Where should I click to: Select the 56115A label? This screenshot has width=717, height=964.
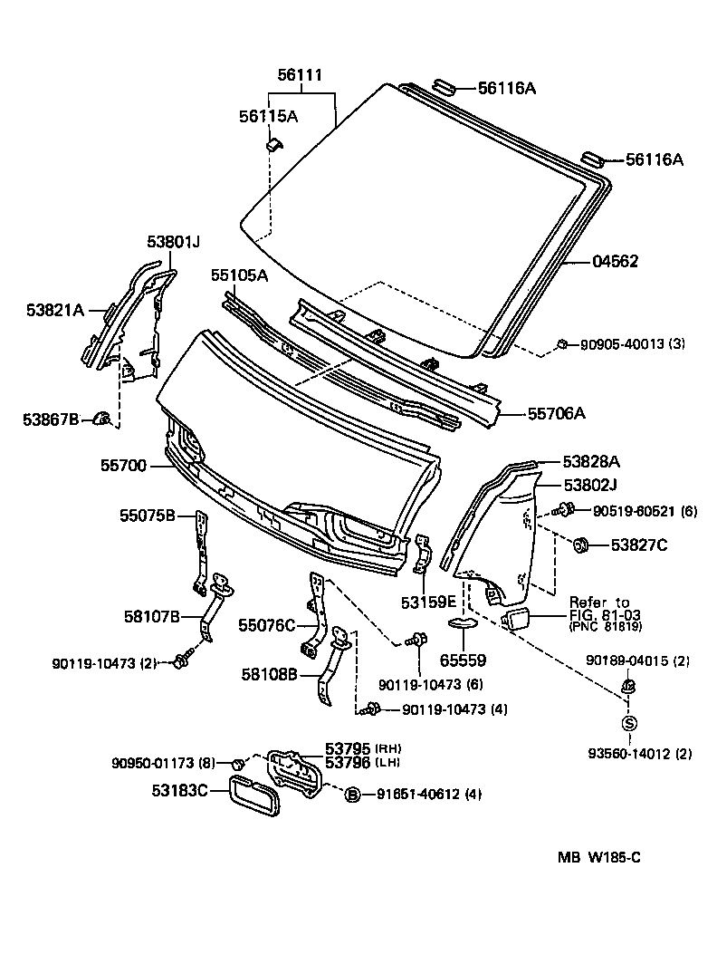click(x=268, y=116)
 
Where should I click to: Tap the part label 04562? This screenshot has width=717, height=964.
click(x=615, y=262)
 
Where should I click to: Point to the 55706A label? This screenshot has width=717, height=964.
click(x=557, y=414)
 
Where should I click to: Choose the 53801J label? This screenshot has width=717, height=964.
click(x=173, y=242)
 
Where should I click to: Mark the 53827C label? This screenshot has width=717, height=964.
click(x=638, y=545)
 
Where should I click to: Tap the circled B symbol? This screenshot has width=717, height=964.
click(x=353, y=795)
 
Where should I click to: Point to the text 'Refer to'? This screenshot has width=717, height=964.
click(x=598, y=602)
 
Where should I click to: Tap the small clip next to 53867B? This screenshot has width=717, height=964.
click(x=103, y=418)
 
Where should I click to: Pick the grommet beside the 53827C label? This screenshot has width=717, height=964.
click(x=581, y=545)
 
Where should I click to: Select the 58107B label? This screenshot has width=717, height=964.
click(x=152, y=617)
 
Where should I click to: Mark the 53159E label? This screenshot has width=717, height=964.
click(x=431, y=600)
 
